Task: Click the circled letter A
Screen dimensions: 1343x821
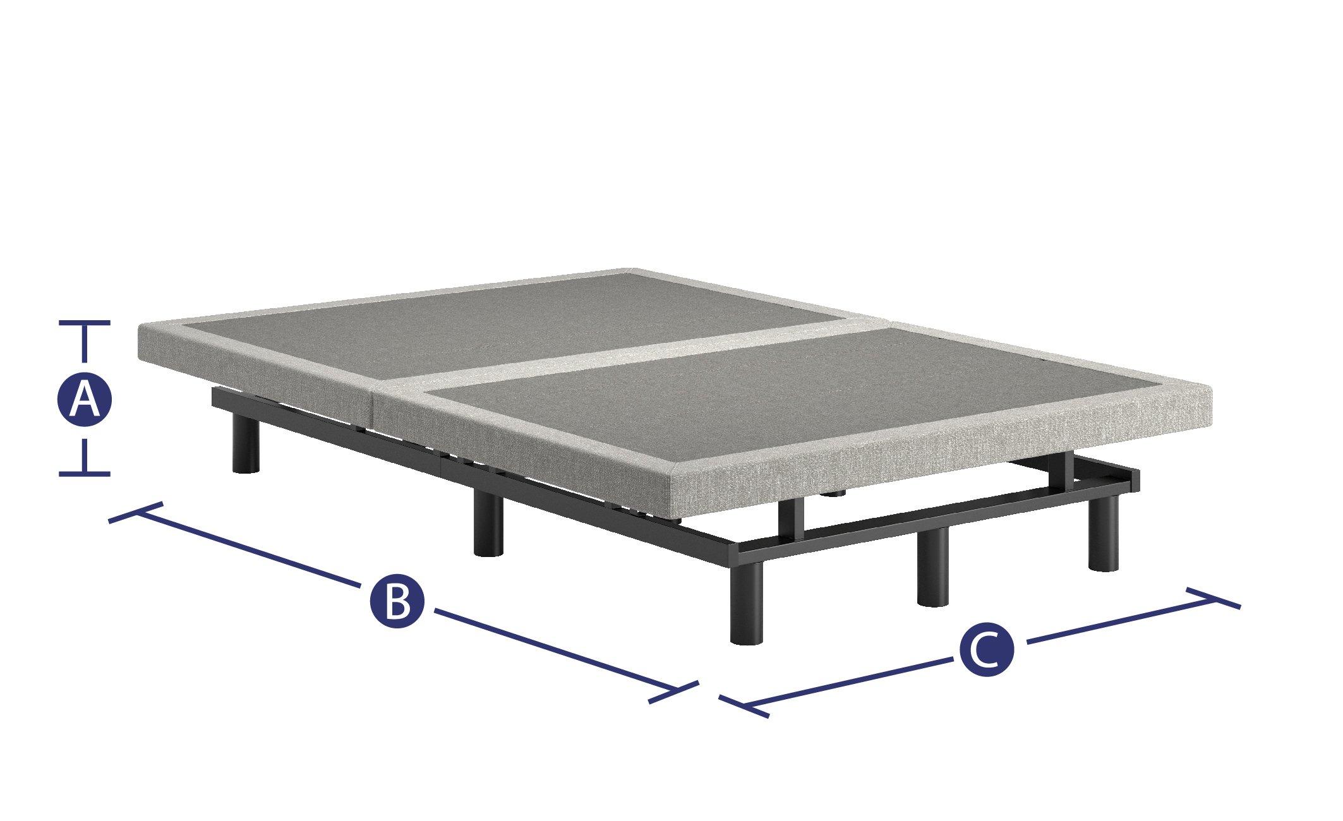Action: click(85, 398)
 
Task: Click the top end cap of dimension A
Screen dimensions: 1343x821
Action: click(85, 323)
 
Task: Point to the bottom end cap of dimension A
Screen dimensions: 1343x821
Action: click(85, 473)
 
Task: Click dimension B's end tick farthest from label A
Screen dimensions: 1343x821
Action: click(673, 693)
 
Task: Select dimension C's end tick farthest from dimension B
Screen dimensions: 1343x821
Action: click(1214, 598)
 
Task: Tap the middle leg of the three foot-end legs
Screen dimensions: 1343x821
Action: click(932, 566)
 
